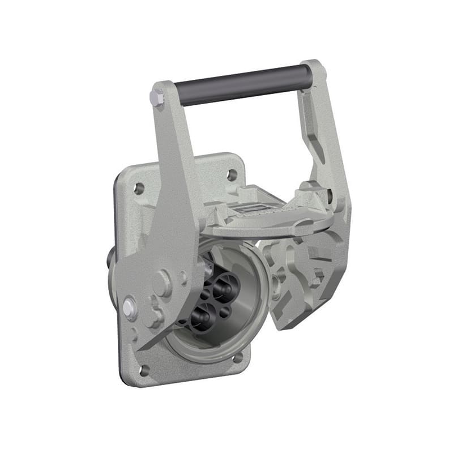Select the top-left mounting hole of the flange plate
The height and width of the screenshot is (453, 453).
click(139, 189)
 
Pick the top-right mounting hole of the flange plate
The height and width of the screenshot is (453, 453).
click(232, 175)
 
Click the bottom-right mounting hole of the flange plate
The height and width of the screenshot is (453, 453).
click(238, 357)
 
